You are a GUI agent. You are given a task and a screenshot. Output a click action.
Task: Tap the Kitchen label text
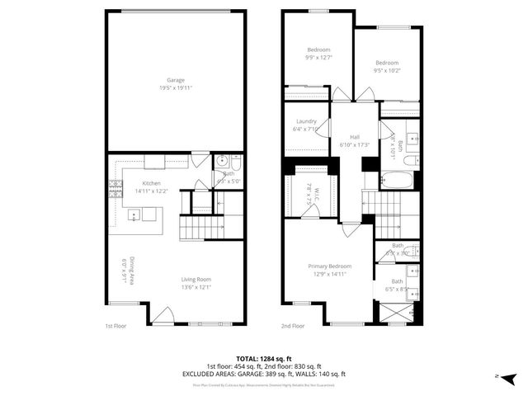(x=151, y=183)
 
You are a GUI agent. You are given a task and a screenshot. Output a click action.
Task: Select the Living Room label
(x=196, y=279)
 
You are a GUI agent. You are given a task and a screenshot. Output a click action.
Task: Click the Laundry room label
(x=305, y=121)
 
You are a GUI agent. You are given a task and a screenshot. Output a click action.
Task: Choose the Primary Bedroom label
(x=330, y=266)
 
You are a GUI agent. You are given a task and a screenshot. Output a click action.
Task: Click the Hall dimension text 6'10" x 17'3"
(x=354, y=145)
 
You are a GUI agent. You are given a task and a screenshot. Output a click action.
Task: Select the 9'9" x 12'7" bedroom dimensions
(x=318, y=58)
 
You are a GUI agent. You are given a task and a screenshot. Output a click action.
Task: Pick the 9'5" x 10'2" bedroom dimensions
(x=387, y=71)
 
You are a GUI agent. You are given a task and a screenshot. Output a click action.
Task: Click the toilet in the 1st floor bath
(x=236, y=162)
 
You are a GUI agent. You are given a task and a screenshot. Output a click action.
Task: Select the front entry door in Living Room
(x=163, y=314)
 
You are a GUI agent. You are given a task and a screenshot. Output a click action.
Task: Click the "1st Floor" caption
(x=115, y=326)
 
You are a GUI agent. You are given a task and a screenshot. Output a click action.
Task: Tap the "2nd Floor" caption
(x=292, y=326)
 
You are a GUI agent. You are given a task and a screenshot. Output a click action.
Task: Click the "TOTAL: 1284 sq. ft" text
(x=264, y=359)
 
